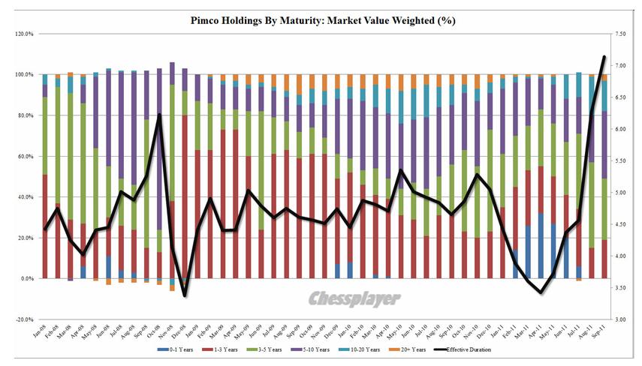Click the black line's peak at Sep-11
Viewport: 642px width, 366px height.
[x=604, y=57]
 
